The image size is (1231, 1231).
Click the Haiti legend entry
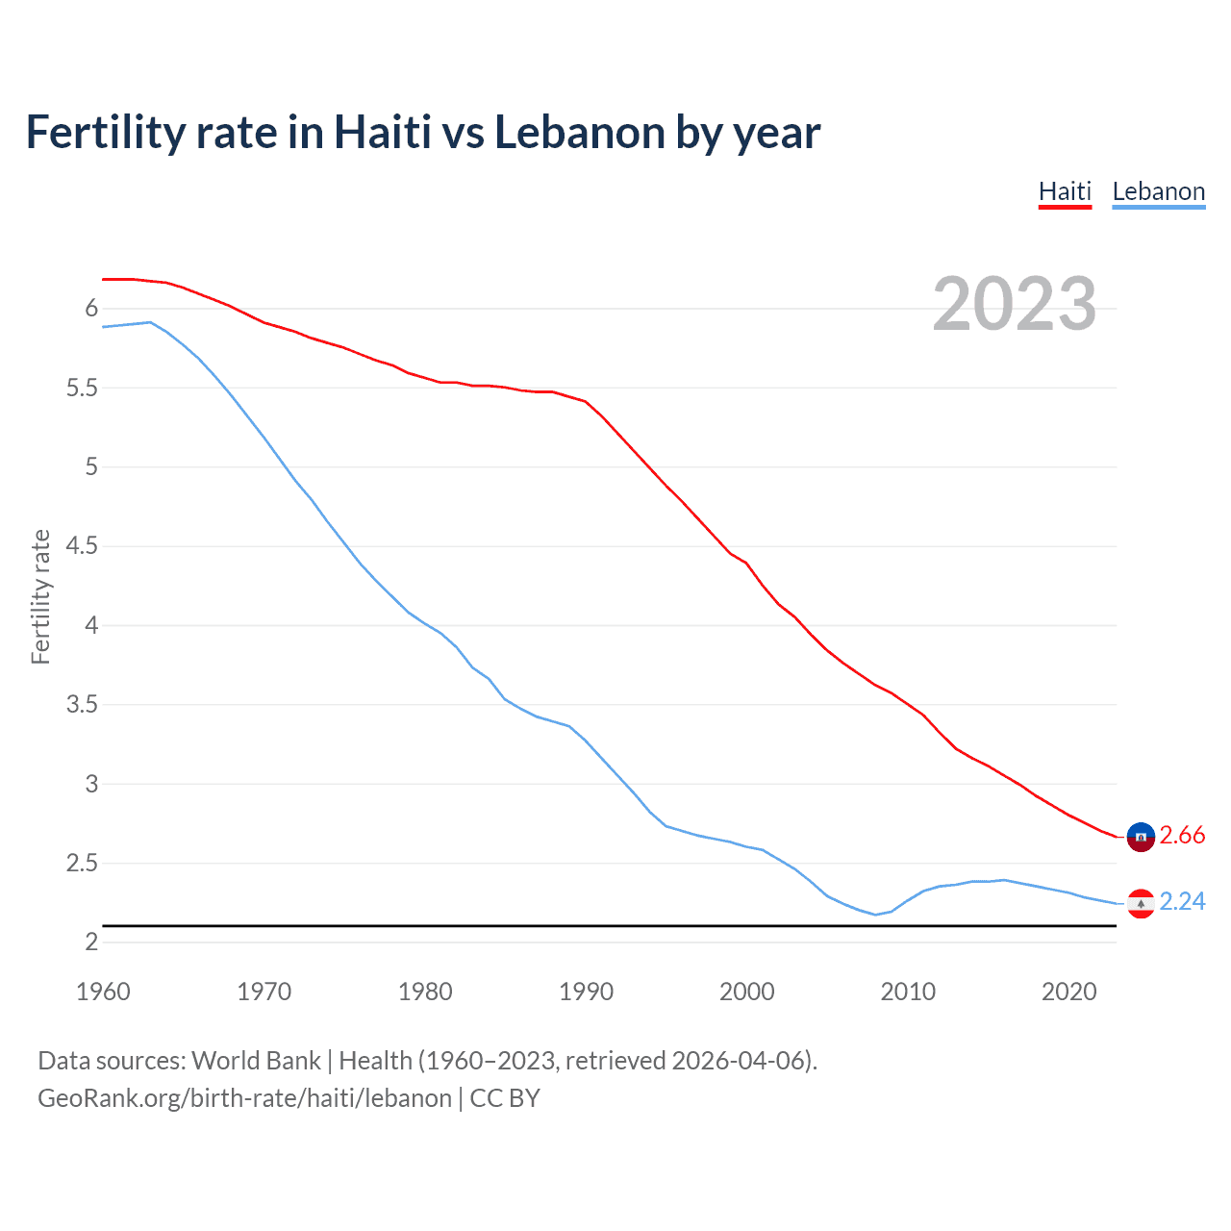[1065, 191]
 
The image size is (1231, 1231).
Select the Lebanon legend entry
[1158, 191]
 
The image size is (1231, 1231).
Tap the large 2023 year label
[1014, 304]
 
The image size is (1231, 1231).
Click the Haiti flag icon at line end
[1140, 837]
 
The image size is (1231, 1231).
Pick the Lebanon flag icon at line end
[1140, 903]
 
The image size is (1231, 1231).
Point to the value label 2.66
[1182, 836]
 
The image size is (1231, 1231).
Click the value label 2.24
[1182, 902]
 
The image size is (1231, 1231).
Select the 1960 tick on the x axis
[103, 992]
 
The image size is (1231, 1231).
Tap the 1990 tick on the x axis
[586, 992]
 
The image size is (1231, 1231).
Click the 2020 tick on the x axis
[1068, 992]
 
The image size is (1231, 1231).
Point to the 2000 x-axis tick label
[746, 992]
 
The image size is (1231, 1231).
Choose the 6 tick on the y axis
[91, 309]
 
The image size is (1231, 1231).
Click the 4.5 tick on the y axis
[82, 546]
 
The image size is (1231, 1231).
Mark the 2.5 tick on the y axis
[82, 864]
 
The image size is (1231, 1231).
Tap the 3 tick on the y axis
[91, 784]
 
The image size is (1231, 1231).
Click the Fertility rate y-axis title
[40, 596]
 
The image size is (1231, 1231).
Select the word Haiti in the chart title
[382, 133]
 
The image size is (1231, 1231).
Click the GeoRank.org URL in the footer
[244, 1098]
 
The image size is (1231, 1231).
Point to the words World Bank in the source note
[256, 1061]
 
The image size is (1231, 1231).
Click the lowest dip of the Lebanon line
[875, 915]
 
